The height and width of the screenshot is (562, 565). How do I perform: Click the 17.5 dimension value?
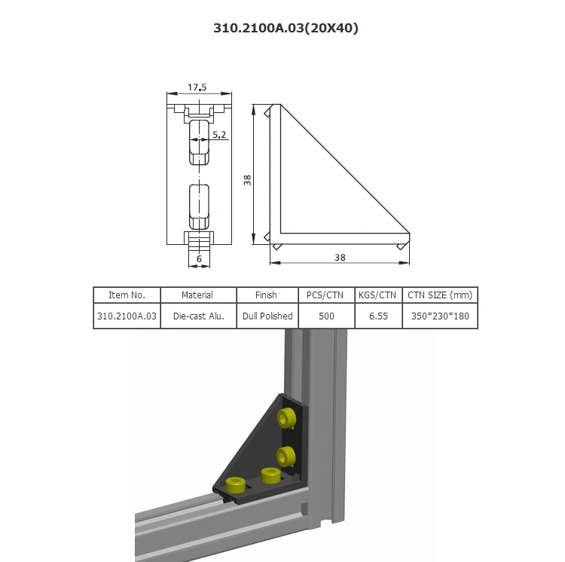[197, 87]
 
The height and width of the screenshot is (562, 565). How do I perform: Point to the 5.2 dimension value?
[218, 134]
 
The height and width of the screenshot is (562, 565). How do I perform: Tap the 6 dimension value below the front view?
[198, 258]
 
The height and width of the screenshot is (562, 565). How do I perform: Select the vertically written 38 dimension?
[247, 179]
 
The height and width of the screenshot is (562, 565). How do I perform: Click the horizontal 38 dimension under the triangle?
[339, 257]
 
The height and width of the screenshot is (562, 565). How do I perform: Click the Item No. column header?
[127, 295]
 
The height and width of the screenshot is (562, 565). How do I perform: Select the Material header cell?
[197, 295]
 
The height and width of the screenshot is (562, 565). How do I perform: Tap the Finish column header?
[266, 295]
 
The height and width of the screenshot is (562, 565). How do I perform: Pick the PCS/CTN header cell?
[326, 295]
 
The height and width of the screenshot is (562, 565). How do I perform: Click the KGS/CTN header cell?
[377, 295]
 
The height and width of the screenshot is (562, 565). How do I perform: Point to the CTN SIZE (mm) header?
[440, 295]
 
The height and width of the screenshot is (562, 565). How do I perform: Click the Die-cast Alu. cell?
[197, 316]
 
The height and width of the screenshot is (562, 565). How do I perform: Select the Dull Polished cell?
[266, 316]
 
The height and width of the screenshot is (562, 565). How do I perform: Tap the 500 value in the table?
[326, 316]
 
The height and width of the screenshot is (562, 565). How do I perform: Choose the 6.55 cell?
[377, 316]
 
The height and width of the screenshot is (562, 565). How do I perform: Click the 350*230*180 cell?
[440, 316]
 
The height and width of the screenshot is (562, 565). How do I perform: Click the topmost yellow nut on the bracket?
[286, 418]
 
